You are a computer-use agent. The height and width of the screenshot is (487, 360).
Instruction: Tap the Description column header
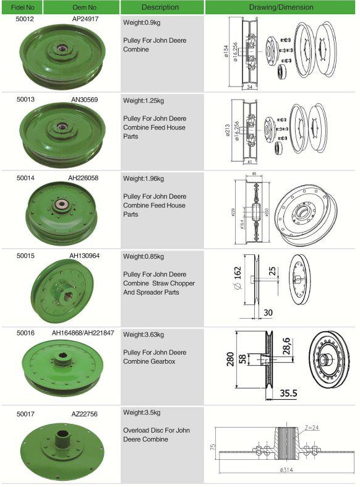pyautogui.click(x=160, y=7)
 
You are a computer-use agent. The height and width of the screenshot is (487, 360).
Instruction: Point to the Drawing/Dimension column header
pyautogui.click(x=281, y=7)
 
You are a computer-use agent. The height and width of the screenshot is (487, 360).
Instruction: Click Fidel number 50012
pyautogui.click(x=25, y=20)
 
